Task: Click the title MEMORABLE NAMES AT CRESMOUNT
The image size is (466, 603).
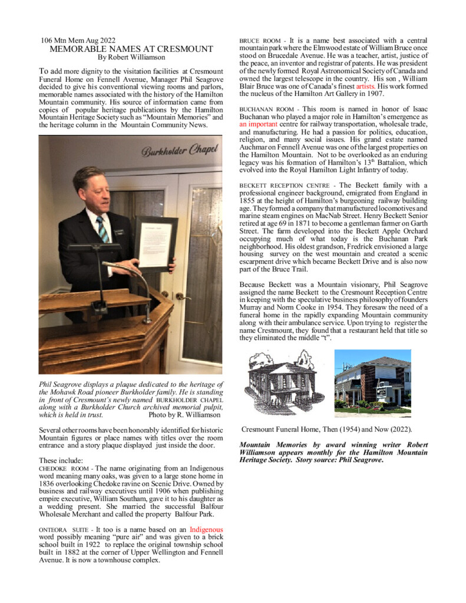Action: click(131, 49)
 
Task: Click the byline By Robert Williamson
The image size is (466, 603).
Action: click(131, 57)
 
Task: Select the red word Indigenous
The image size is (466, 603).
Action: click(206, 530)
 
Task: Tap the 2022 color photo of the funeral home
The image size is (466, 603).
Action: click(372, 383)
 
